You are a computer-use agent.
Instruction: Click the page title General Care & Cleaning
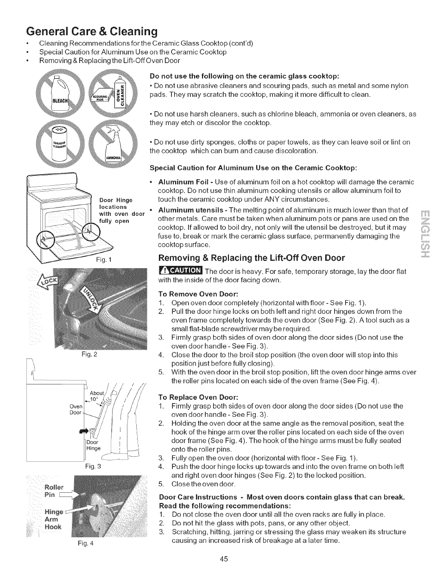pos(91,31)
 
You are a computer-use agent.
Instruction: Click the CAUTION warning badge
pos(180,271)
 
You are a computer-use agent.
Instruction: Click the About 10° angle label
pos(96,396)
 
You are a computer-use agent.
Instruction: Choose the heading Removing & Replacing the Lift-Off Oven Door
pos(252,258)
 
